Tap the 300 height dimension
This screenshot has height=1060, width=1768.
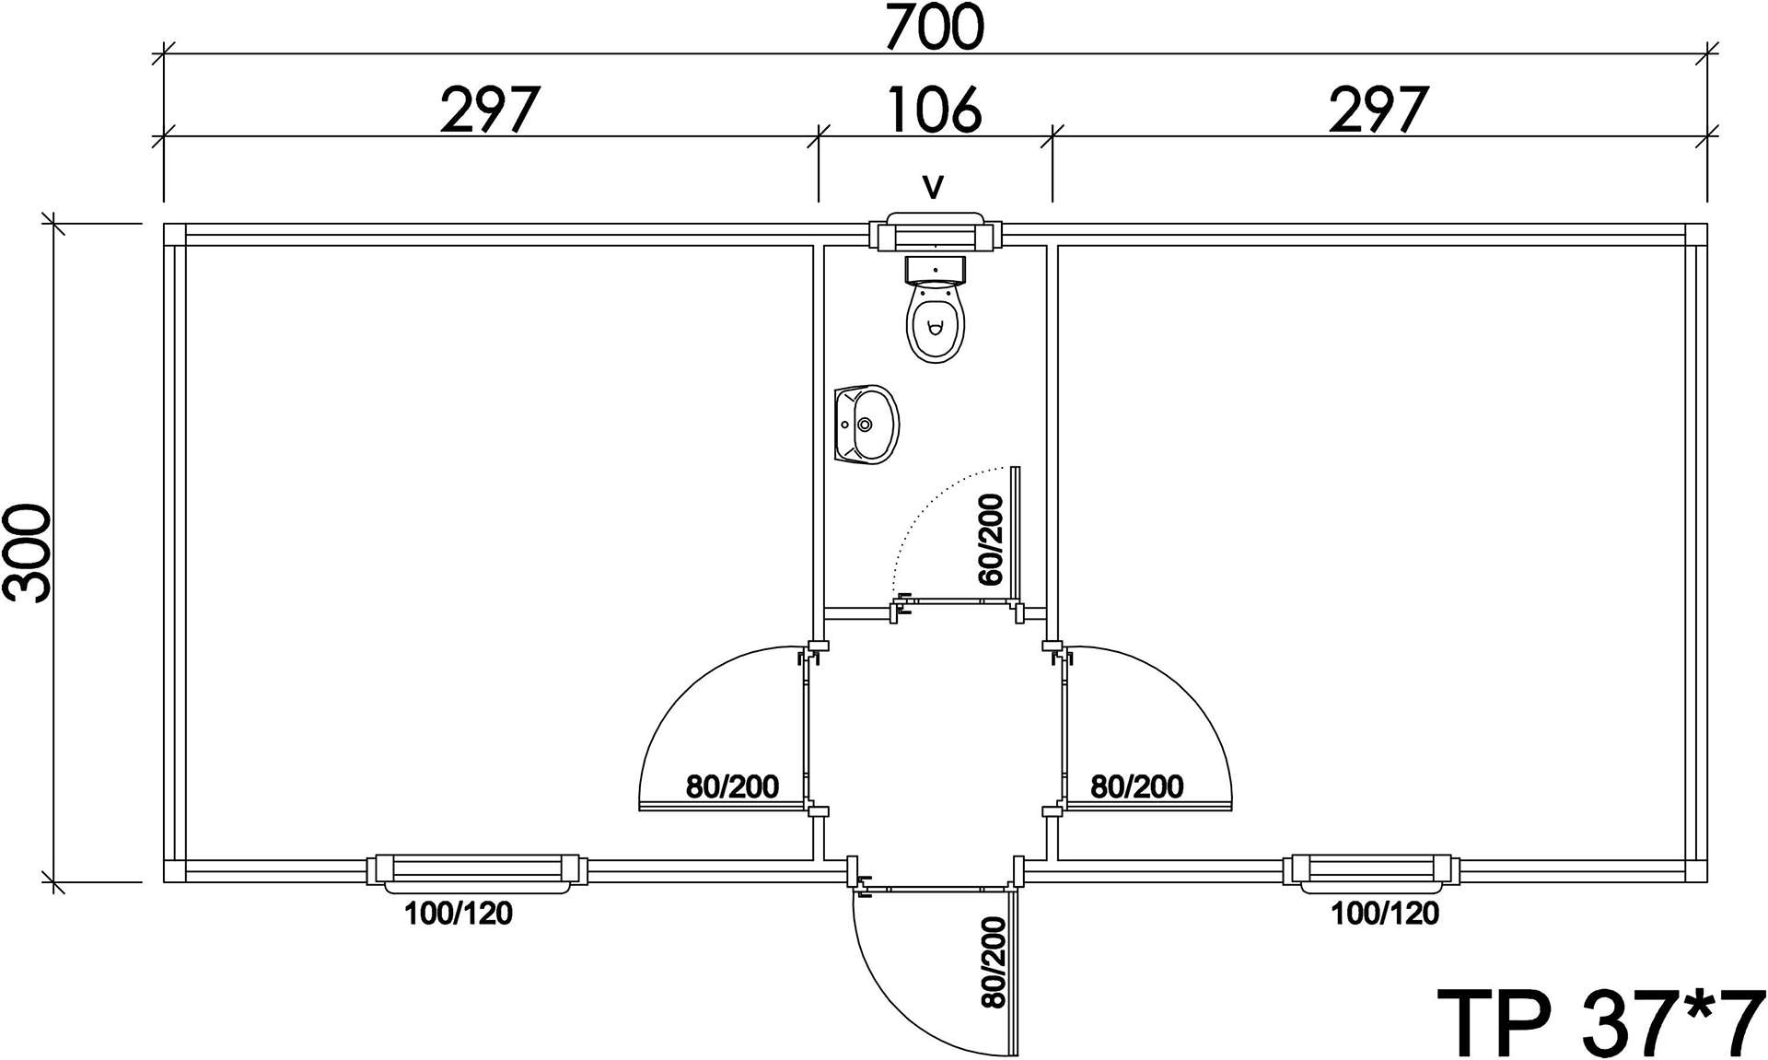tap(27, 553)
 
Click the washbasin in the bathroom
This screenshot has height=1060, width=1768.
tap(866, 425)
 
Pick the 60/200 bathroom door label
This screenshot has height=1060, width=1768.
tap(991, 540)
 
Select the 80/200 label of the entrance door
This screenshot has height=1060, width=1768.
tap(994, 962)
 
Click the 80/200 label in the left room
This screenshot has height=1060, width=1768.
tap(732, 786)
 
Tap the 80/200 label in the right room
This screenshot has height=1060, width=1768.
tap(1137, 786)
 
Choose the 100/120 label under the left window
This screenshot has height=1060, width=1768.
tap(459, 913)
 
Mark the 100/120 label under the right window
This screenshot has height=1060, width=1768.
tap(1385, 913)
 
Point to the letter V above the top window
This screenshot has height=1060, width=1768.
tap(934, 187)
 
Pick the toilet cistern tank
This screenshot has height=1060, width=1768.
tap(936, 269)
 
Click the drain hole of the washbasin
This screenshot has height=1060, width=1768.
tap(865, 425)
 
